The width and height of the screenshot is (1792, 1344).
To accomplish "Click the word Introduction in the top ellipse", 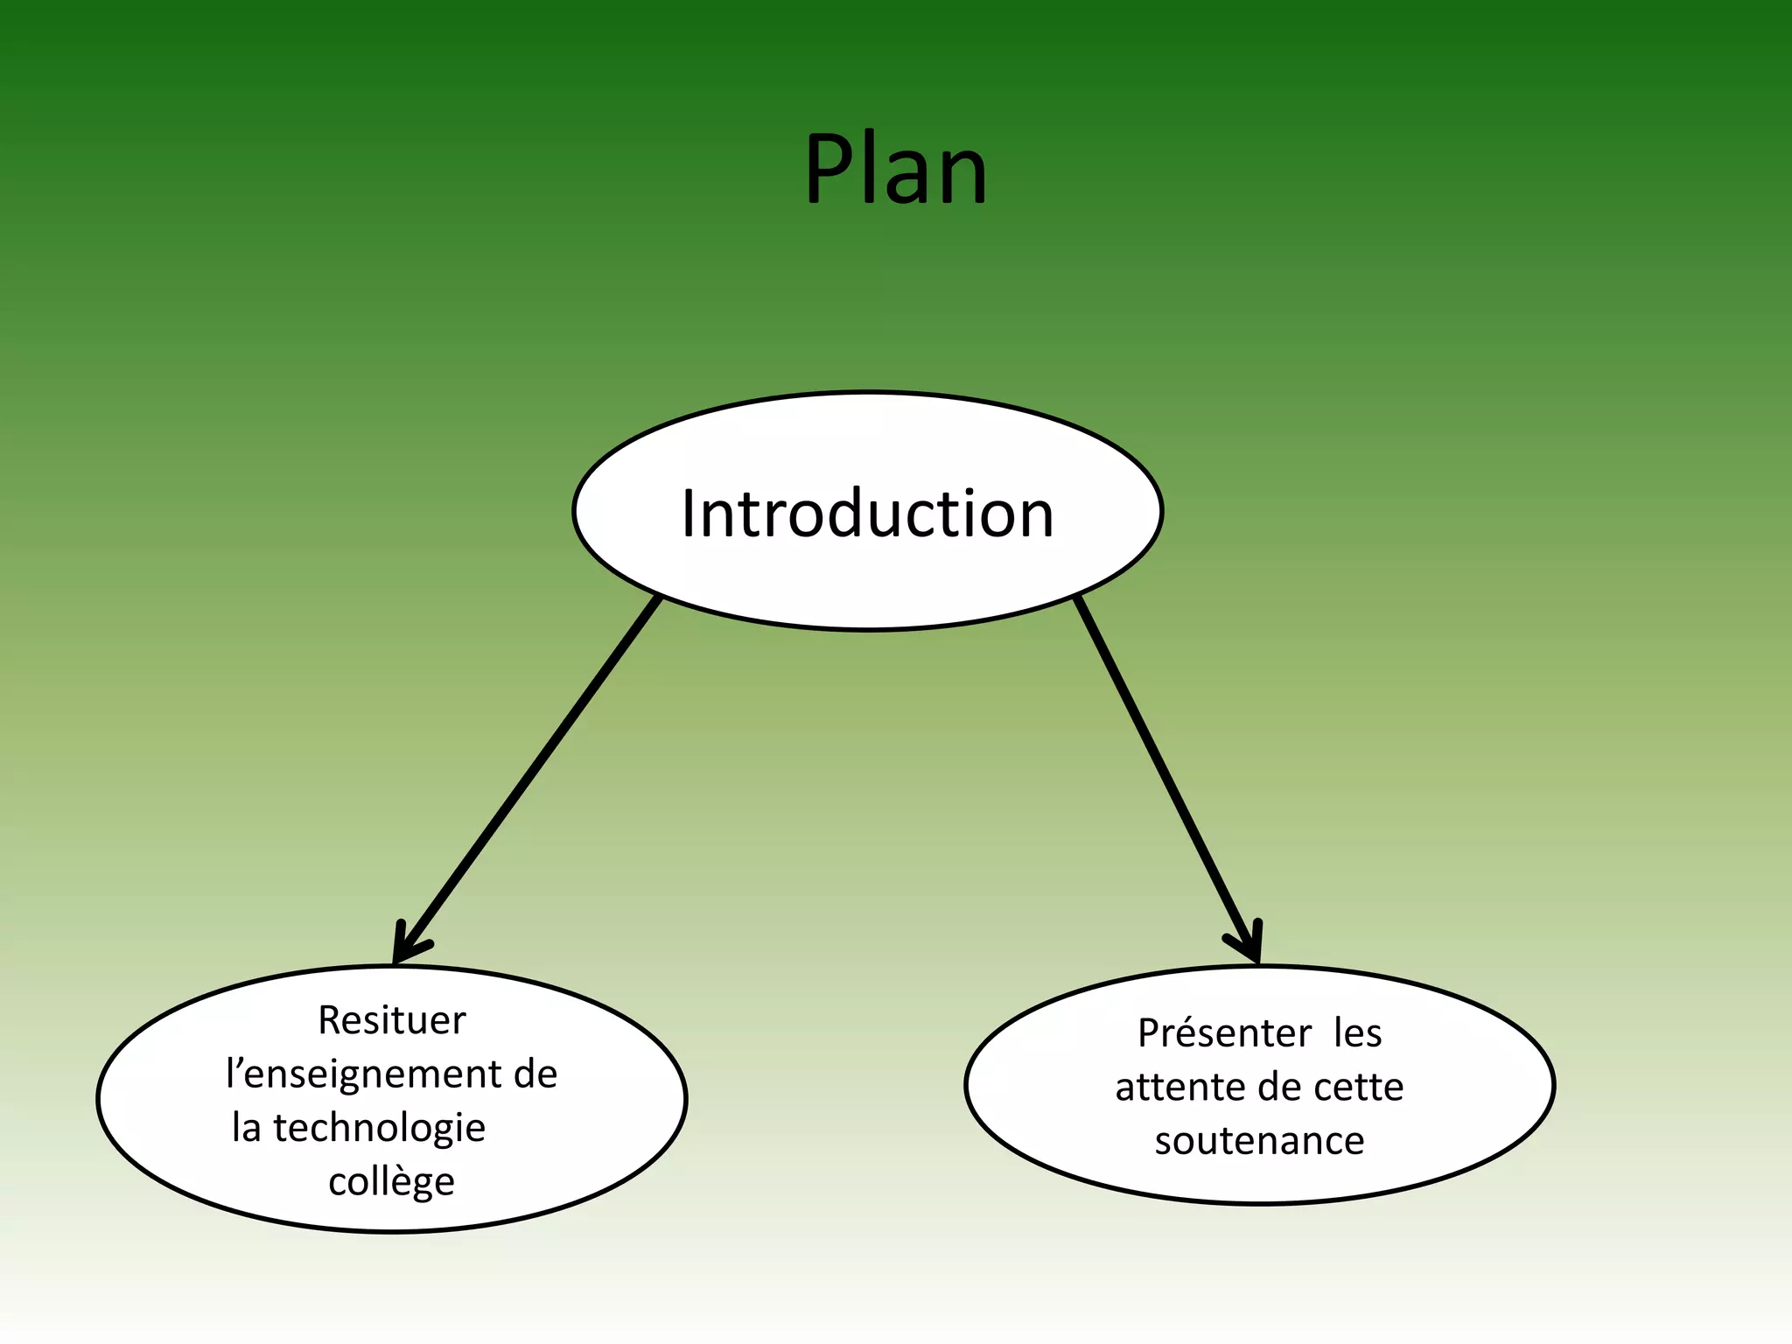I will [x=867, y=514].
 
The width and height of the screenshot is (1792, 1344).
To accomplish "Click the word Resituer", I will [x=391, y=1020].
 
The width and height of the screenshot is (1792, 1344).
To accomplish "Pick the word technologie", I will [x=379, y=1129].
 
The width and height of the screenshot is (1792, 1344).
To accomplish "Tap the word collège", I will [x=391, y=1182].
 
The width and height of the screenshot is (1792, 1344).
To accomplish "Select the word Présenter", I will [x=1224, y=1033].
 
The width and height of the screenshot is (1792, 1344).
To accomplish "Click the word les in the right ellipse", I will [x=1357, y=1033].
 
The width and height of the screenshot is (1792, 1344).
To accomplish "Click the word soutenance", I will [x=1259, y=1141].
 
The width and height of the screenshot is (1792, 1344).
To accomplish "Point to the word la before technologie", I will [x=246, y=1129].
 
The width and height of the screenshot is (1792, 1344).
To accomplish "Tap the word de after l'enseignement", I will [x=535, y=1074].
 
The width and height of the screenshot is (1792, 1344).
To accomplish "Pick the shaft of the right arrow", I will [x=1164, y=770].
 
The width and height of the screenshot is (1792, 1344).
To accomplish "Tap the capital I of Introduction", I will [x=689, y=514].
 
